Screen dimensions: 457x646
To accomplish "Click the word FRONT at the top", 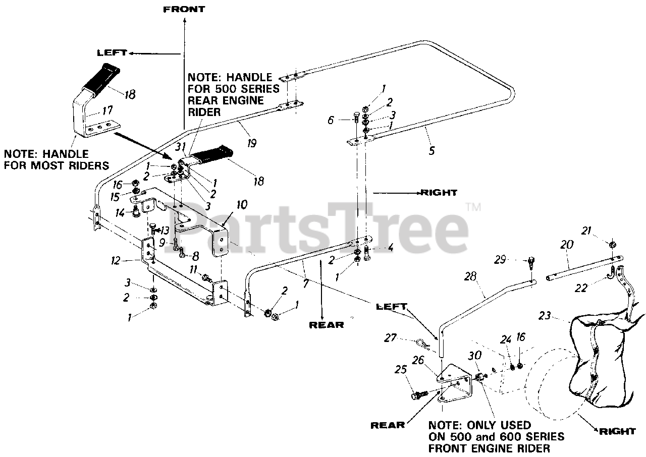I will pos(184,9).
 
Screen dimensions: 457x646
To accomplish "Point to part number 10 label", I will pos(242,204).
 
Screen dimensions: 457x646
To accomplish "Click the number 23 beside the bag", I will pos(558,316).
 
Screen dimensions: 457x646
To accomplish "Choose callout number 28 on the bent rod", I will pos(470,277).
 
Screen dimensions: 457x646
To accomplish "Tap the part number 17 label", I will pos(108,109).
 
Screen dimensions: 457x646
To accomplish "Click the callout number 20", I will pos(567,245).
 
